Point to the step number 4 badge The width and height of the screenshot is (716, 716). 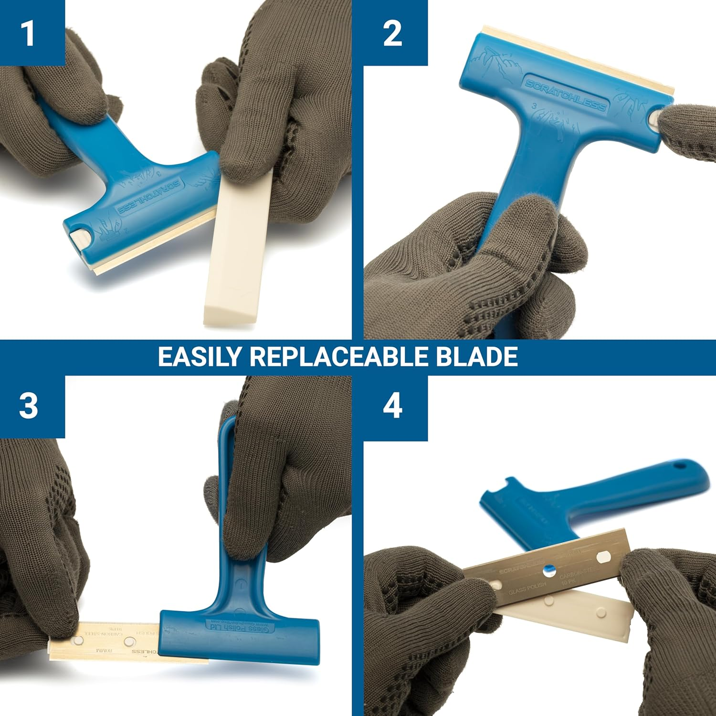(x=392, y=407)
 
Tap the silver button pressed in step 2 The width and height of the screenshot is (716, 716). (x=655, y=117)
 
